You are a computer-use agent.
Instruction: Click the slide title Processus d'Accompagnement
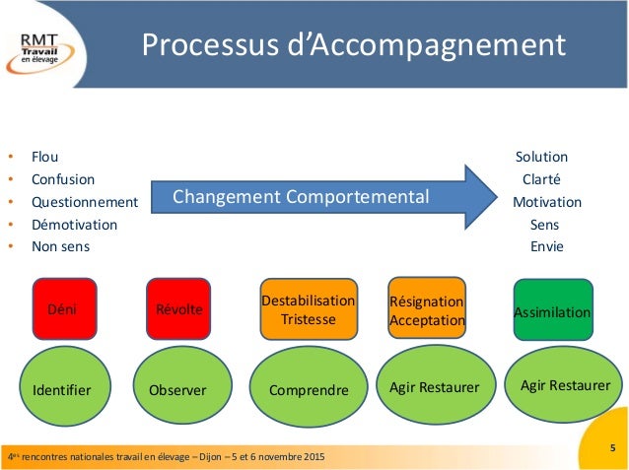[x=352, y=45]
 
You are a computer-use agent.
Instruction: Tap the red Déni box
[x=62, y=309]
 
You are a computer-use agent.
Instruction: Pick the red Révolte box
[x=179, y=309]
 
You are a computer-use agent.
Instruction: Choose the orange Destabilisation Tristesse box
[x=308, y=309]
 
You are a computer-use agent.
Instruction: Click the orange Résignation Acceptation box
[x=427, y=309]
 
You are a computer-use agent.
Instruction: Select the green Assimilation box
[x=552, y=312]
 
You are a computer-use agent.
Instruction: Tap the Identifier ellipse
[x=62, y=390]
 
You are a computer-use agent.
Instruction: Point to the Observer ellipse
[x=178, y=390]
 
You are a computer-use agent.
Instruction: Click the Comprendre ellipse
[x=309, y=390]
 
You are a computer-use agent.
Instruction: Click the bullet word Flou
[x=45, y=157]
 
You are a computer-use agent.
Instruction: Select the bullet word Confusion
[x=63, y=179]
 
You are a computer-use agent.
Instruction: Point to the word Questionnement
[x=85, y=202]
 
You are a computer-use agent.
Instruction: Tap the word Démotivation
[x=74, y=224]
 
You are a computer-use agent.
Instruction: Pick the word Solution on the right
[x=541, y=157]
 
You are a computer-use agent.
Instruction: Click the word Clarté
[x=541, y=179]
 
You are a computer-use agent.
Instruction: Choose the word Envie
[x=547, y=246]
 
